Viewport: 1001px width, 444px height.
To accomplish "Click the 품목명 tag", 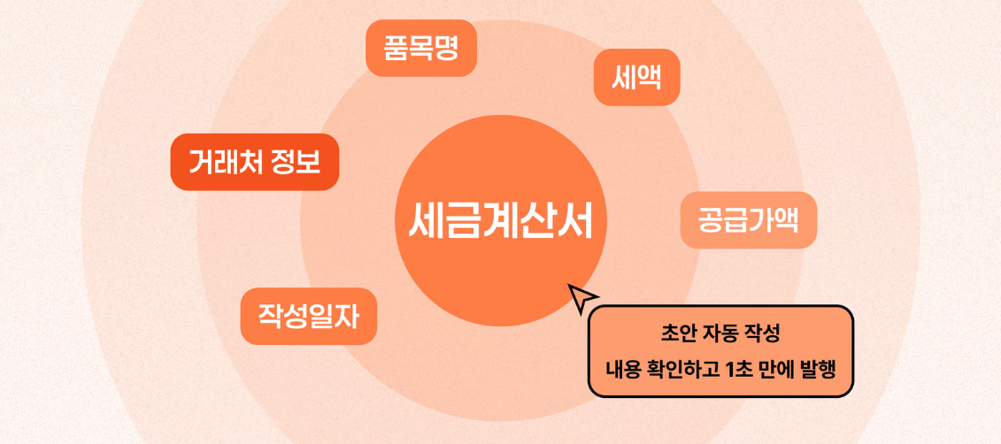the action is (421, 49).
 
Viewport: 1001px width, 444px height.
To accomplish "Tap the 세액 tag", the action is (636, 77).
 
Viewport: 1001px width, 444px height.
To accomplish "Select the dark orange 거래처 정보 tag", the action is (255, 162).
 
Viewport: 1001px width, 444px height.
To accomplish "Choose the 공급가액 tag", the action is (748, 220).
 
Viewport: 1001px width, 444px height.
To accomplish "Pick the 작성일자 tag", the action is (308, 317).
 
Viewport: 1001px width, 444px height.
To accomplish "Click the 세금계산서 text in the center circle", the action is (501, 221).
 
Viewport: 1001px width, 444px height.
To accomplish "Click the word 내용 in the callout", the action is (620, 370).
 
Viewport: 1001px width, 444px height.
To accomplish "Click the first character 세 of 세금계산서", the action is (427, 221).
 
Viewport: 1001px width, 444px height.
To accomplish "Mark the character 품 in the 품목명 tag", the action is (397, 49).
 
